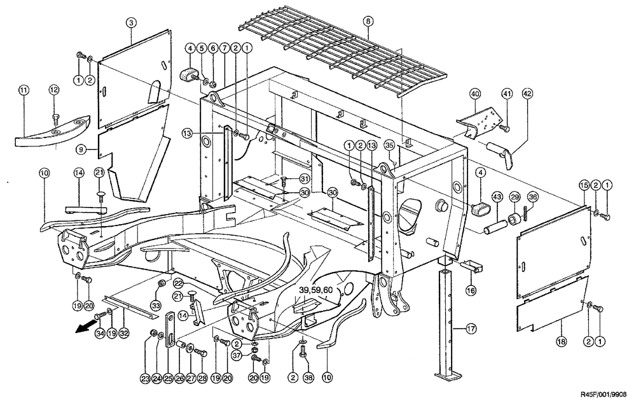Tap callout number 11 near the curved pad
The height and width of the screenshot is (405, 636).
pos(24,91)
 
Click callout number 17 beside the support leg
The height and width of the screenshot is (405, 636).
pos(471,329)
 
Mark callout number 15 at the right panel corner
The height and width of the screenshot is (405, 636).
pos(584,185)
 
